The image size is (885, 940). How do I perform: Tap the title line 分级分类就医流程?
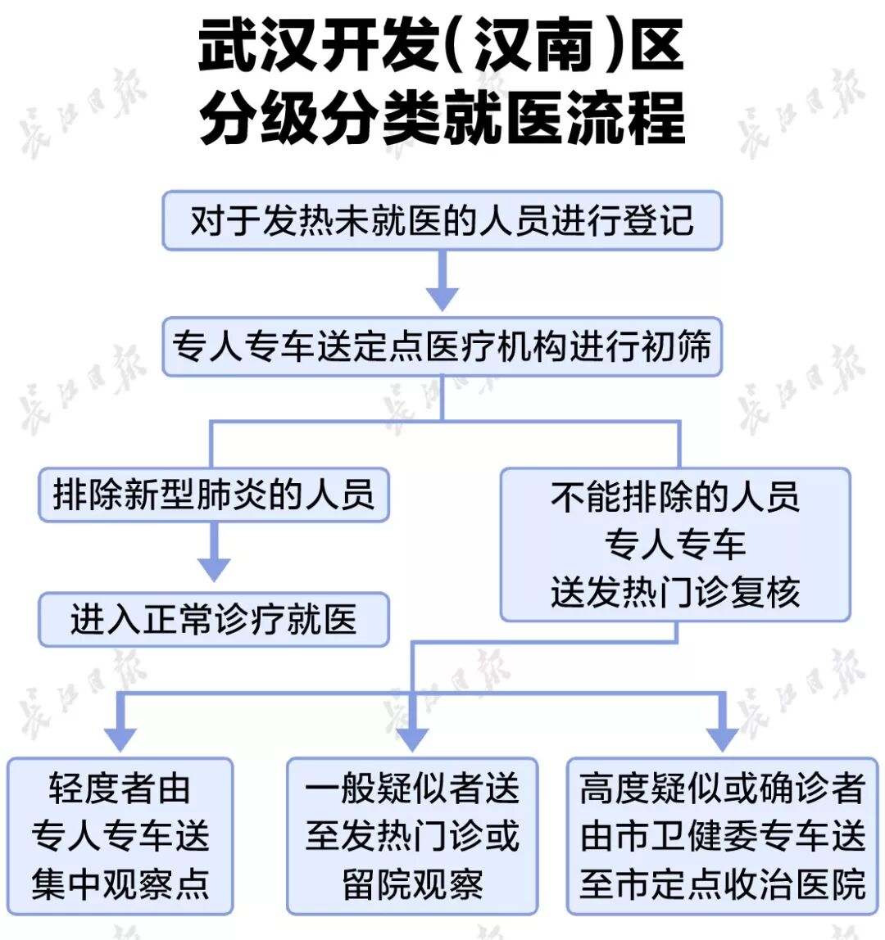(x=442, y=118)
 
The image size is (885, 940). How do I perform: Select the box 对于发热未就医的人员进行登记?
(x=442, y=220)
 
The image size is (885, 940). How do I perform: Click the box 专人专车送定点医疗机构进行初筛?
(x=442, y=346)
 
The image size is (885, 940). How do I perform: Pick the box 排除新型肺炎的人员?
(x=213, y=495)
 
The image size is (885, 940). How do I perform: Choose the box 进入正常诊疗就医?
(x=213, y=619)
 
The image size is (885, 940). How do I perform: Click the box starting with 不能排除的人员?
(x=675, y=544)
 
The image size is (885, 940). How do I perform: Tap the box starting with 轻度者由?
(x=120, y=836)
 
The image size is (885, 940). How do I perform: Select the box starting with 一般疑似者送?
(x=412, y=836)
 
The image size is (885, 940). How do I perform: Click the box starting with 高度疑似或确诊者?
(x=722, y=836)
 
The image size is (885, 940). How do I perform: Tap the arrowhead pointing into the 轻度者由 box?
(x=120, y=738)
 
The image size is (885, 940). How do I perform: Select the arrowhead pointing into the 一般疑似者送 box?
(x=412, y=738)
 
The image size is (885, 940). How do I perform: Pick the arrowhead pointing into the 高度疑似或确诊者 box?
(x=722, y=738)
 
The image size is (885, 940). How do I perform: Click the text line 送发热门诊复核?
(x=675, y=592)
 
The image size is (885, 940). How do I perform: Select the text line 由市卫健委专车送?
(x=722, y=836)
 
